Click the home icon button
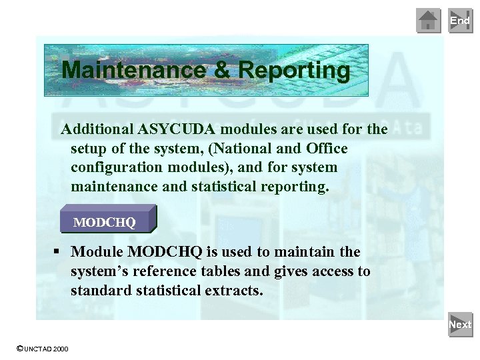point(429,21)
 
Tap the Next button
point(460,325)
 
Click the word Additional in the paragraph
point(97,129)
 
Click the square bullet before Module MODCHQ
point(58,252)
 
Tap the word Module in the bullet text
point(97,252)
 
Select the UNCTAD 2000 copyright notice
point(41,349)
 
